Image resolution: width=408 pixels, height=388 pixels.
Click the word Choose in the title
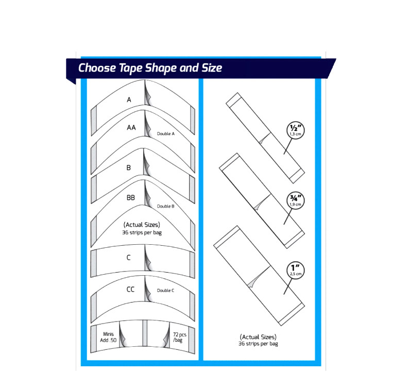pyautogui.click(x=97, y=68)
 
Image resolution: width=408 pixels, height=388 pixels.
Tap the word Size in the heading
pyautogui.click(x=212, y=68)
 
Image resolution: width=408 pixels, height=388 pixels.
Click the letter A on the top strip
pyautogui.click(x=129, y=99)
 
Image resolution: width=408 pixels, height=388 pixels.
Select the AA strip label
pyautogui.click(x=131, y=127)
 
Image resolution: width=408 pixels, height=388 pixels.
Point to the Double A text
pyautogui.click(x=166, y=134)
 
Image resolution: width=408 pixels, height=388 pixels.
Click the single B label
pyautogui.click(x=129, y=168)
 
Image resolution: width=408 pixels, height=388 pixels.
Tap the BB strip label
pyautogui.click(x=131, y=198)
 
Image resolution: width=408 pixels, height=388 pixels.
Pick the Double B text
pyautogui.click(x=165, y=206)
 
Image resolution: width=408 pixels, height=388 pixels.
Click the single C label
pyautogui.click(x=129, y=258)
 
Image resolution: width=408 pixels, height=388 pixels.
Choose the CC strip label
pyautogui.click(x=130, y=290)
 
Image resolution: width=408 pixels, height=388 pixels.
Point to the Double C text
pyautogui.click(x=165, y=291)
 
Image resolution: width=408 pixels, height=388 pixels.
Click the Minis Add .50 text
pyautogui.click(x=108, y=337)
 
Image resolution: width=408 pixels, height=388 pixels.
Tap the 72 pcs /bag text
pyautogui.click(x=180, y=338)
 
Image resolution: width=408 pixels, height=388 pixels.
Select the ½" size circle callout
pyautogui.click(x=296, y=130)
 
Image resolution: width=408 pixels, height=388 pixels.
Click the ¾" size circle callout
pyautogui.click(x=296, y=200)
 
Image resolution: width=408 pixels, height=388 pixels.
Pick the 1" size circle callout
pyautogui.click(x=296, y=271)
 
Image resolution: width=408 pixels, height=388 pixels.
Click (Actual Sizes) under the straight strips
pyautogui.click(x=258, y=338)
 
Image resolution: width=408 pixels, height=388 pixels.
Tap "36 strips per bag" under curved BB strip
pyautogui.click(x=142, y=232)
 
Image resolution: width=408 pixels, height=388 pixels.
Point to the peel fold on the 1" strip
pyautogui.click(x=257, y=278)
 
